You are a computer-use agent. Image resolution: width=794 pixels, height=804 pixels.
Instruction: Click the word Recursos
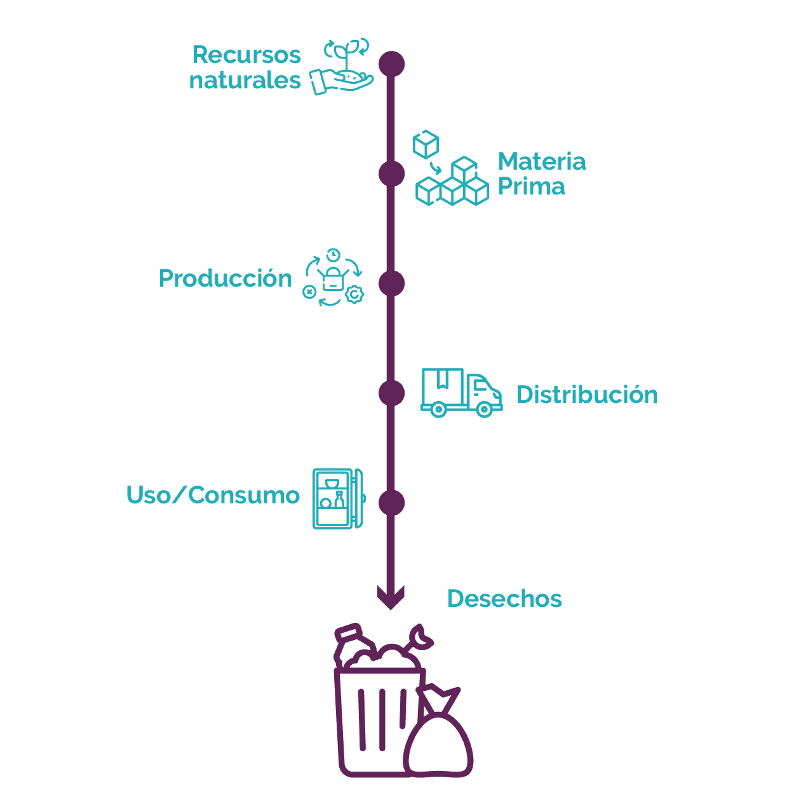pos(246,55)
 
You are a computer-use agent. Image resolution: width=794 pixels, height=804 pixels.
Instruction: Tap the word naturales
pos(245,81)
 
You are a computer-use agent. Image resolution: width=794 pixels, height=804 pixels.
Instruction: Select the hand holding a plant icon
pos(342,68)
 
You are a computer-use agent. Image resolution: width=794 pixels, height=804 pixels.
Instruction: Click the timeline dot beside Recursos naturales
pos(391,64)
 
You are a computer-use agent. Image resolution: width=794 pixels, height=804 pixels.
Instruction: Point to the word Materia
pos(542,161)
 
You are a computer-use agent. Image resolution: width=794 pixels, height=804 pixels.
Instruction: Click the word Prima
pos(531,186)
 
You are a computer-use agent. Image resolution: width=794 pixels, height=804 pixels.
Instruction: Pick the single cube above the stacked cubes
pos(426,144)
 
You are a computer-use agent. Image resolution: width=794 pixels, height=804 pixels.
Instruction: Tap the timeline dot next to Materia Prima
pos(391,174)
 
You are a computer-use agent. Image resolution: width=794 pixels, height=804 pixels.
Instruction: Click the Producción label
pos(225,278)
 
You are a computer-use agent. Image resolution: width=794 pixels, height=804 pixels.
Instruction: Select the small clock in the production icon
pos(333,255)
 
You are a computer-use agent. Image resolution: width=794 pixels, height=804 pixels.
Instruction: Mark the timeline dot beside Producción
pos(391,283)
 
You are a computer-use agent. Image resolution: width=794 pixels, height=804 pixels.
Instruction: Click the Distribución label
pos(587,395)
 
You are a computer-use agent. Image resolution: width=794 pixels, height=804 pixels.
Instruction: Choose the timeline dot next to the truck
pos(391,393)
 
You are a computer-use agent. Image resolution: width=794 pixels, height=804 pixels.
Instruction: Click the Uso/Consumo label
pos(213,495)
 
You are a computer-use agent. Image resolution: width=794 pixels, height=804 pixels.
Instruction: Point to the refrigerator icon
pos(339,498)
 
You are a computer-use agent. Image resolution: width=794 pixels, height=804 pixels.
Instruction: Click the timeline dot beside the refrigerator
pos(391,503)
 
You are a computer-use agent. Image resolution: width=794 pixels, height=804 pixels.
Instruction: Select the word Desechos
pos(504,599)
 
